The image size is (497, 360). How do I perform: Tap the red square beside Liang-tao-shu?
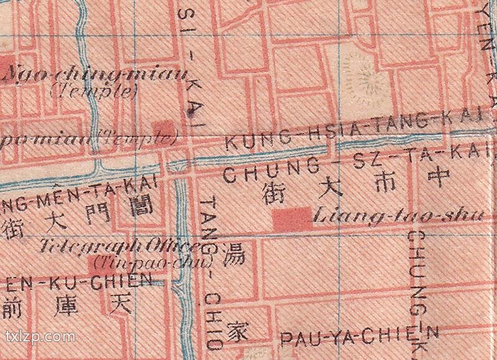293,218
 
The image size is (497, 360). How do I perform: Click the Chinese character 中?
439,178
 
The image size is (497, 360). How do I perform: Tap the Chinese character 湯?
234,255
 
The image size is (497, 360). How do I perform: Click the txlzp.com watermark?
40,338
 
